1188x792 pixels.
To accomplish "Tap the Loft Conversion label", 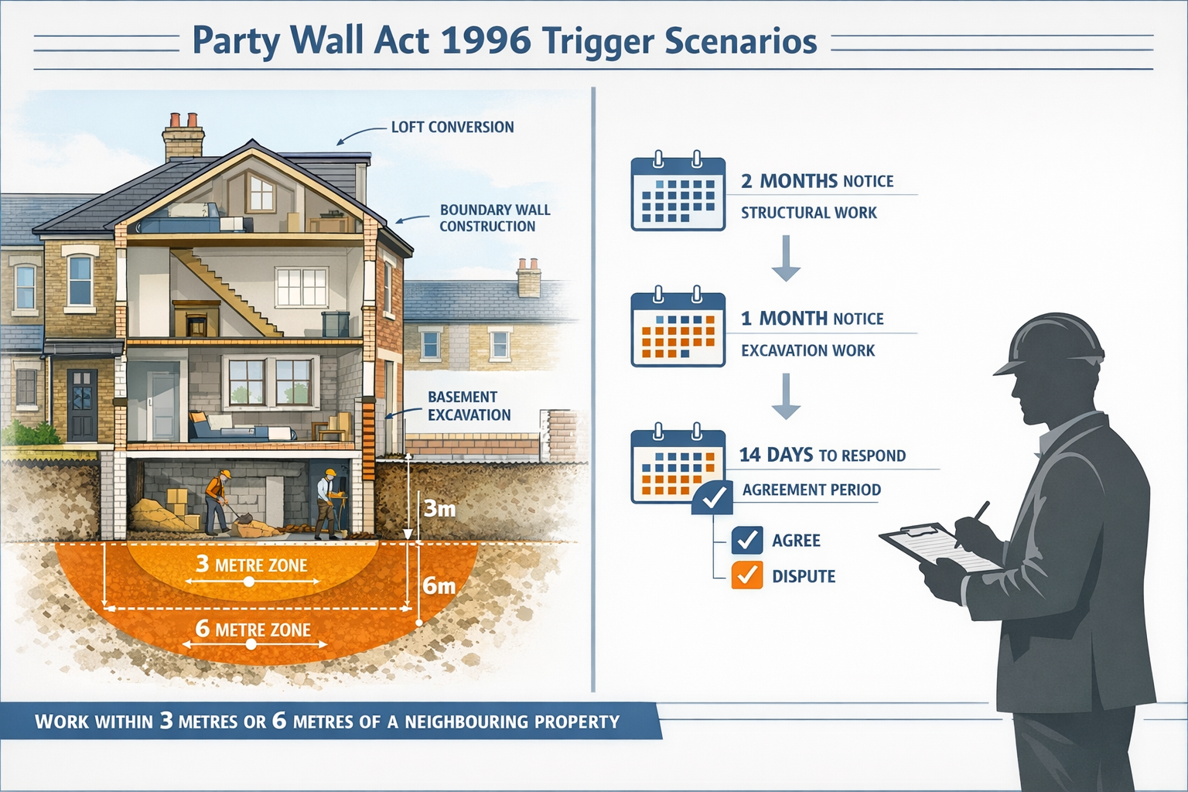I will [452, 127].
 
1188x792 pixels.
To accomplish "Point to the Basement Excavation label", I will [469, 406].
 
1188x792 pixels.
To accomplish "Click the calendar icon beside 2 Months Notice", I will [678, 193].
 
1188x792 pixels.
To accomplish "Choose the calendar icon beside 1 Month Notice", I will [678, 329].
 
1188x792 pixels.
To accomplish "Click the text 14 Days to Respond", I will [822, 455].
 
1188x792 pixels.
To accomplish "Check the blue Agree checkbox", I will [746, 540].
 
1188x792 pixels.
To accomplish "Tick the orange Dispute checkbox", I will [746, 575].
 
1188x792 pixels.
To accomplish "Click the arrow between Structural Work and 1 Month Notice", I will [786, 258].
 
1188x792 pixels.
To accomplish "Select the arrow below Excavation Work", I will [786, 396].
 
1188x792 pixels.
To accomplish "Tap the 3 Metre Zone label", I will [251, 565].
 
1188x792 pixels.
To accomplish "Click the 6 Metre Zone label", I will [253, 630].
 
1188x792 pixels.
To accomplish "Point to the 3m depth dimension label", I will [439, 508].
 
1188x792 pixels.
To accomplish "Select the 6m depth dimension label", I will [439, 586].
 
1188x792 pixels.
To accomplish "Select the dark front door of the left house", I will [82, 405].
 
